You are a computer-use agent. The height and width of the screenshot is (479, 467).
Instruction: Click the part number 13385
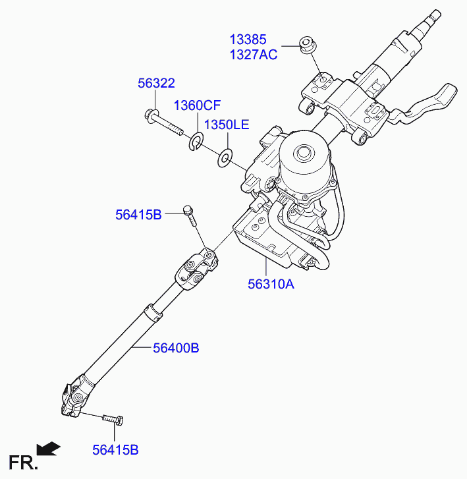pyautogui.click(x=248, y=40)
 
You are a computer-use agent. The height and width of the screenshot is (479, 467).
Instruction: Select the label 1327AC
pyautogui.click(x=253, y=55)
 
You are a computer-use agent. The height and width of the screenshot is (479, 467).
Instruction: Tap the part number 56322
pyautogui.click(x=156, y=83)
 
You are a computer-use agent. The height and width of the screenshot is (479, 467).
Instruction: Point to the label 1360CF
pyautogui.click(x=197, y=105)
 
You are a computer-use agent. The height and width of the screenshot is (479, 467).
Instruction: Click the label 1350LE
pyautogui.click(x=227, y=125)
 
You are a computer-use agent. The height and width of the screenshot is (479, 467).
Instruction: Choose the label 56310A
pyautogui.click(x=271, y=284)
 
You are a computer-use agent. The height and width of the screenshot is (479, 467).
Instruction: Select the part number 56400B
pyautogui.click(x=176, y=348)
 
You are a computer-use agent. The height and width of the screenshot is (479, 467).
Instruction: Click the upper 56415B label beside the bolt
pyautogui.click(x=138, y=215)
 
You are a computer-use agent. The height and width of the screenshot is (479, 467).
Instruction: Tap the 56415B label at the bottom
pyautogui.click(x=115, y=450)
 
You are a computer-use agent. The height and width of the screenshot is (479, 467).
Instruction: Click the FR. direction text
pyautogui.click(x=23, y=463)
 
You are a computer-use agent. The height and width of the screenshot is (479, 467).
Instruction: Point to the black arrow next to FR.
pyautogui.click(x=48, y=449)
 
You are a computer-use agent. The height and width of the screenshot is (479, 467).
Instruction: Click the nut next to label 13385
pyautogui.click(x=308, y=45)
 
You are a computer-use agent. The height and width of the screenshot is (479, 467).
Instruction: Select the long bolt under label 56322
pyautogui.click(x=164, y=123)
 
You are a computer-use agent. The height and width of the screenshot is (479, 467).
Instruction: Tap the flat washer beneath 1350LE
pyautogui.click(x=225, y=157)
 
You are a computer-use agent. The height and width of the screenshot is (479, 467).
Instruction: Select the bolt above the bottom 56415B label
pyautogui.click(x=113, y=419)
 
